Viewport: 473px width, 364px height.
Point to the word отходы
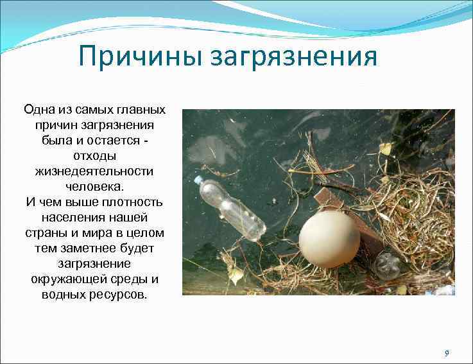[x=94, y=156]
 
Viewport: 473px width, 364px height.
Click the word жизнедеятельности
[x=94, y=171]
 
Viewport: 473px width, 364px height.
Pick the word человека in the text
[x=94, y=186]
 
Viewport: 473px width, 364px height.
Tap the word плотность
[x=131, y=202]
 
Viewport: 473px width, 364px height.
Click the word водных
[x=61, y=295]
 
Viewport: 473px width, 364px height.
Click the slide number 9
[x=447, y=353]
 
